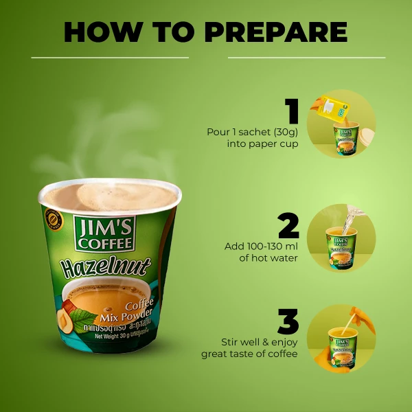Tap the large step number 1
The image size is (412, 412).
(293, 112)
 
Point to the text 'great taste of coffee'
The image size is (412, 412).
(249, 354)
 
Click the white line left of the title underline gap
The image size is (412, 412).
(110, 58)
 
